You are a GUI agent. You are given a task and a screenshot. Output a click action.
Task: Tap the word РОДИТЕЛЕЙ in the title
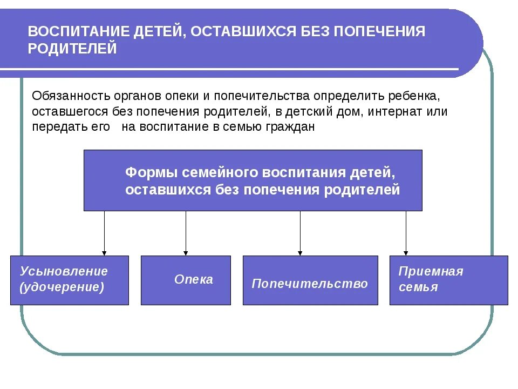[72, 49]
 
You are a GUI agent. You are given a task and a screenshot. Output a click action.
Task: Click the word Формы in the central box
[151, 173]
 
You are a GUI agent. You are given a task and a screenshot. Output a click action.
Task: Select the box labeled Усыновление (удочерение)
[70, 280]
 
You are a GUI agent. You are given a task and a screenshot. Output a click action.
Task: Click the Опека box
[186, 280]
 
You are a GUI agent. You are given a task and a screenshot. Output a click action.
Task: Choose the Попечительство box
[310, 280]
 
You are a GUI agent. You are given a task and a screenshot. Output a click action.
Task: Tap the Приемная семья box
[448, 280]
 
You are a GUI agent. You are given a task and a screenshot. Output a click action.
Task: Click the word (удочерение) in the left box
[62, 287]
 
